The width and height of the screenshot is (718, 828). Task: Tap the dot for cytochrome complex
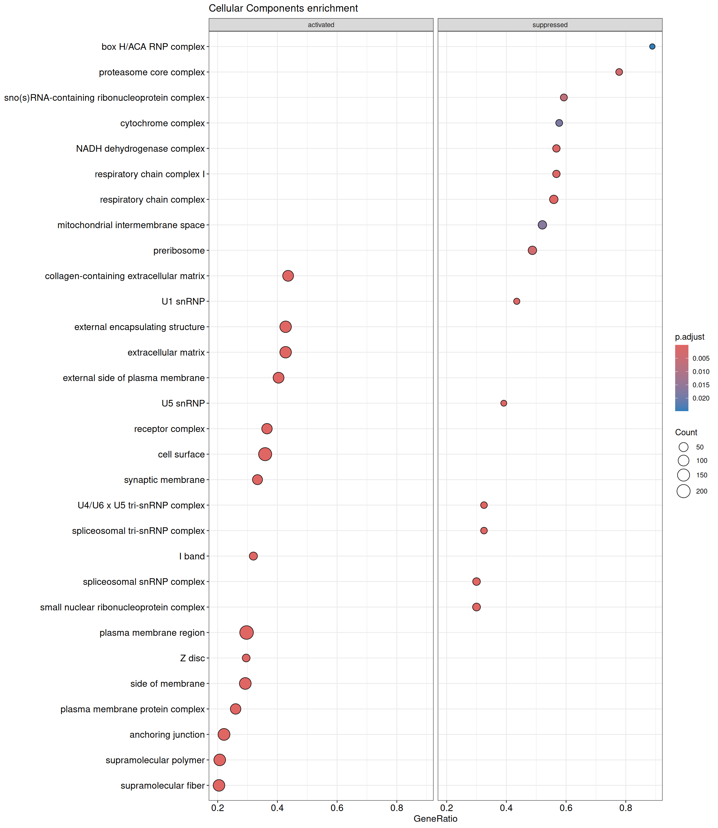[x=559, y=123]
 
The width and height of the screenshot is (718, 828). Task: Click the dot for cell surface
[x=265, y=454]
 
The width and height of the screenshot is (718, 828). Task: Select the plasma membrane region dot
[x=247, y=632]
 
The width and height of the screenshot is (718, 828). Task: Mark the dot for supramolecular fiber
[x=219, y=785]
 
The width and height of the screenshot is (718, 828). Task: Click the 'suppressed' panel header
[x=550, y=25]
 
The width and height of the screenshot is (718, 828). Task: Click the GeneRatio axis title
[x=435, y=819]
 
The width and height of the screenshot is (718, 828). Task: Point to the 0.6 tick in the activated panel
[x=337, y=808]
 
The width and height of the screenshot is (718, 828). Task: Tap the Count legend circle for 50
[x=683, y=447]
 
